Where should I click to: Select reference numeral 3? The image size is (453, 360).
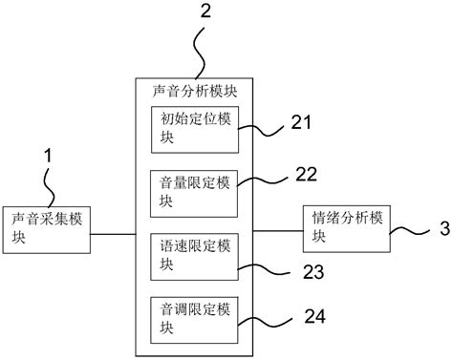(x=442, y=229)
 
